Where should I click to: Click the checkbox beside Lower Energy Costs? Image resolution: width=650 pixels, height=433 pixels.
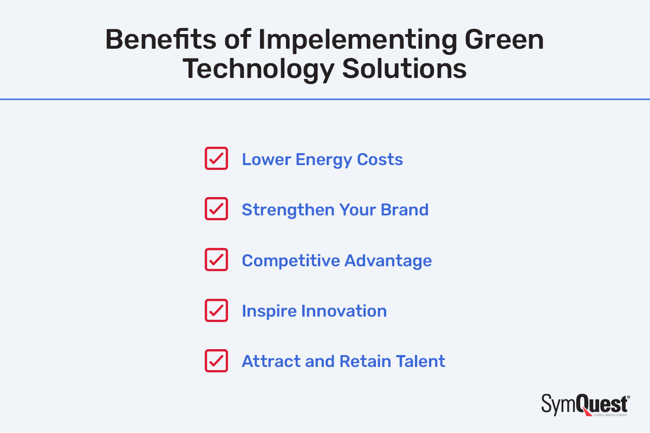tap(216, 159)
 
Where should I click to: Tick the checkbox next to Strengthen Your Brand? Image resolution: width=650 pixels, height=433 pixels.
tap(216, 209)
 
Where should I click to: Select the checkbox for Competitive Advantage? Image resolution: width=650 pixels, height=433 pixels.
tap(216, 260)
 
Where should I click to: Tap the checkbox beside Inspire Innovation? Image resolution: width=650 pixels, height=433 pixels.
tap(216, 310)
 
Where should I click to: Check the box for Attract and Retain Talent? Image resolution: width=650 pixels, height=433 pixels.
tap(216, 360)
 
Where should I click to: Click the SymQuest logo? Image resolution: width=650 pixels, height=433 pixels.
tap(585, 405)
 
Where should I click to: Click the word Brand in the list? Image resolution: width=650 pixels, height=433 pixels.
tap(404, 209)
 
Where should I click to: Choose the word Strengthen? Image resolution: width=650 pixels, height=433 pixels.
tap(288, 209)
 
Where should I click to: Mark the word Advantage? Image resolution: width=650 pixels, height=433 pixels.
tap(388, 260)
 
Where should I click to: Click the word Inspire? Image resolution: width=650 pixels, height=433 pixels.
tap(269, 311)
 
